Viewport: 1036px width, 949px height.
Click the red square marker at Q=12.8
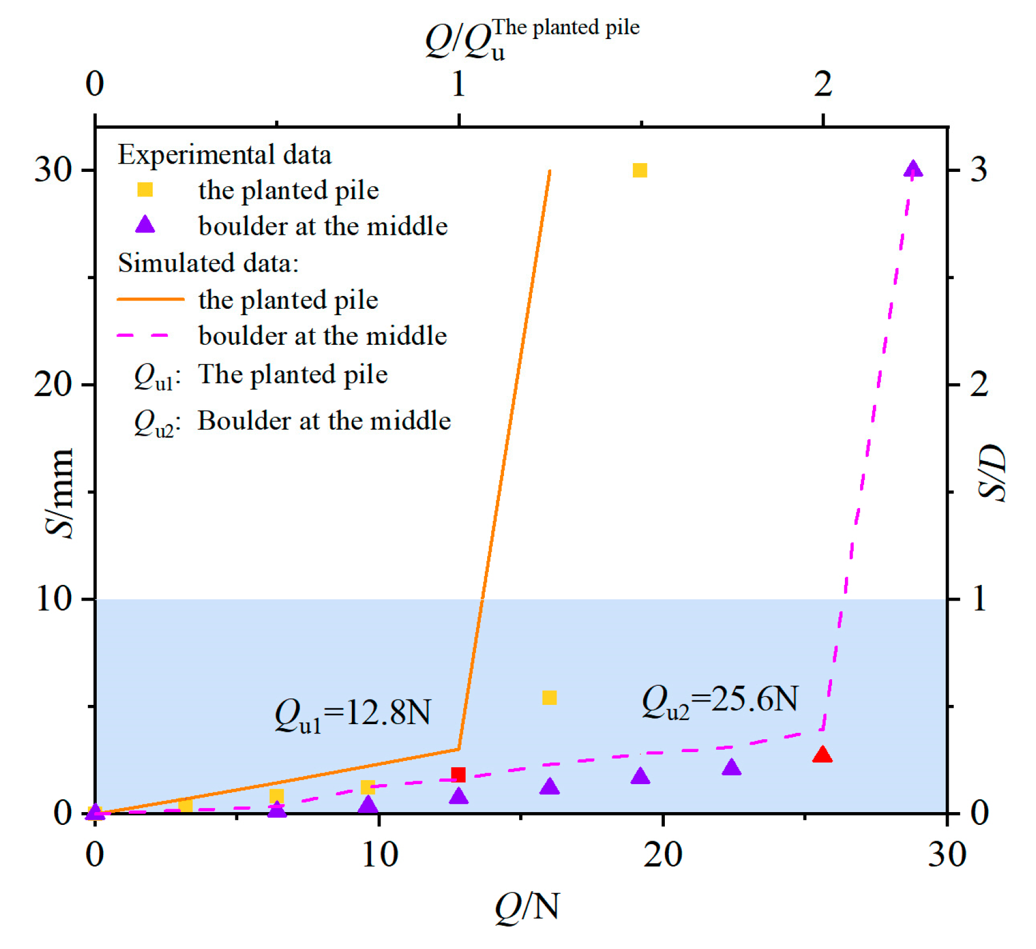[459, 774]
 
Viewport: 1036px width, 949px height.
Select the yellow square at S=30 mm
[640, 170]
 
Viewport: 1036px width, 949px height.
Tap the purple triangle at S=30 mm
[913, 170]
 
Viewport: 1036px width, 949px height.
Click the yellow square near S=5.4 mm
[549, 697]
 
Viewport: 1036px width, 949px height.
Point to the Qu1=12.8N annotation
[352, 714]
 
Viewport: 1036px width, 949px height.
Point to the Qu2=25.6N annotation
[720, 701]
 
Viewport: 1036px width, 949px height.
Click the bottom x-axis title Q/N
[527, 906]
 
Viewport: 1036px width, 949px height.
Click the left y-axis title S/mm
[60, 493]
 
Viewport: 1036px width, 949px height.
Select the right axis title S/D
[993, 472]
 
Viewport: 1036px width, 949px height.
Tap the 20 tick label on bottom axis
[663, 855]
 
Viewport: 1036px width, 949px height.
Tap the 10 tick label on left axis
[54, 598]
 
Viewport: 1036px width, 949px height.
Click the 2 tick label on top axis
[823, 84]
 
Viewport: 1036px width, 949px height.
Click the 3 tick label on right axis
[979, 170]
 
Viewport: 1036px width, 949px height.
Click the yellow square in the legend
[145, 190]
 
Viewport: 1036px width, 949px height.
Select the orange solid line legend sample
[150, 299]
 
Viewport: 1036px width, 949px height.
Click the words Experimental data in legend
[224, 155]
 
